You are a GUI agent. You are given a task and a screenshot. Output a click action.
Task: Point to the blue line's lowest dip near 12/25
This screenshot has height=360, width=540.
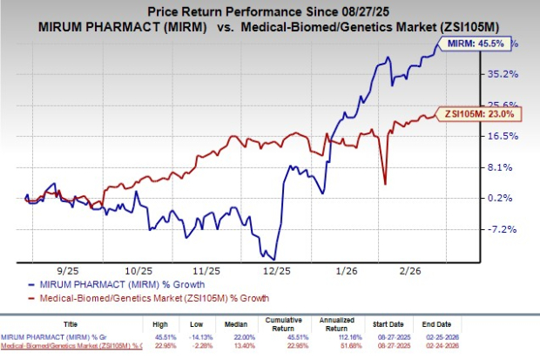[x=274, y=259]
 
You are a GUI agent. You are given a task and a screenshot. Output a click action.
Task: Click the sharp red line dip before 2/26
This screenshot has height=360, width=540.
[x=385, y=183]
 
